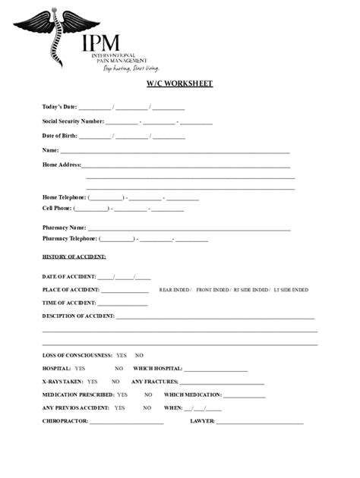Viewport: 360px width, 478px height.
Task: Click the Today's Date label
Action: point(59,107)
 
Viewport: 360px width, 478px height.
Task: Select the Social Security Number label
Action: point(73,121)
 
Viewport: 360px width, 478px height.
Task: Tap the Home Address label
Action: point(62,165)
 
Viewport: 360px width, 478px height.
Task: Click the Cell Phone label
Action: point(57,207)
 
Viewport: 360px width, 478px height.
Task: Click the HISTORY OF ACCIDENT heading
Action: point(74,257)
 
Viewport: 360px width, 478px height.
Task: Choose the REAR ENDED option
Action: point(174,290)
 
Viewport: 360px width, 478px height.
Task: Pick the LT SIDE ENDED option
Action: point(291,290)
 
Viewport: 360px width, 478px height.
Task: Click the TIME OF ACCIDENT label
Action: point(69,303)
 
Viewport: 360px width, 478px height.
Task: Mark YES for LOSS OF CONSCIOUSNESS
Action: point(122,355)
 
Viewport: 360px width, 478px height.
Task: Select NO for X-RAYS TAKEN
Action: point(117,382)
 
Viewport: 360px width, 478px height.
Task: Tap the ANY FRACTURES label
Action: point(155,382)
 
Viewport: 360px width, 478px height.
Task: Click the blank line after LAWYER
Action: point(260,422)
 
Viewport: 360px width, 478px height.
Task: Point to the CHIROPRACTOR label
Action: point(65,421)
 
